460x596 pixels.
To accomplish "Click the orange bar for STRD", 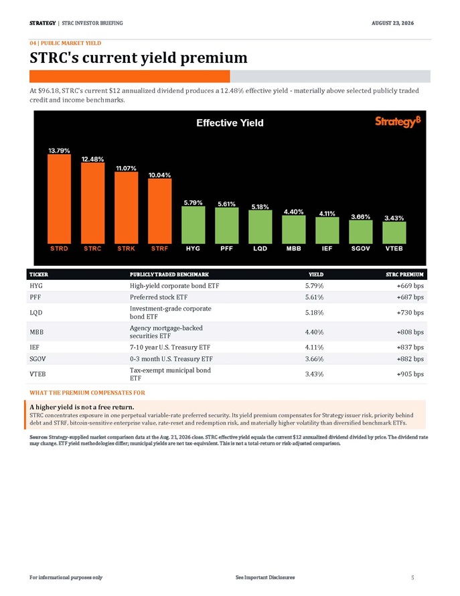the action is (x=59, y=199).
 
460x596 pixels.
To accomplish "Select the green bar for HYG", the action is (x=193, y=225).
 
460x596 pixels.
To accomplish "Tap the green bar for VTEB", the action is (x=394, y=232).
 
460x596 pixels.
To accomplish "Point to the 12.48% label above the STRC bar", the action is (x=92, y=159).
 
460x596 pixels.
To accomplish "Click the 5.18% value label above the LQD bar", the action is (x=260, y=207).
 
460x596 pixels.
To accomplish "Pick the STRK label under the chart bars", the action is (x=126, y=248).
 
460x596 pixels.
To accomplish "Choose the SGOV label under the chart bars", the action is (x=360, y=248).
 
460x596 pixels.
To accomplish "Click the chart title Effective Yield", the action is (x=230, y=123).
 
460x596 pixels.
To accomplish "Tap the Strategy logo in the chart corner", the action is (x=398, y=122).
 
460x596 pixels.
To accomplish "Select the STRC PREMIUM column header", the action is (x=404, y=275).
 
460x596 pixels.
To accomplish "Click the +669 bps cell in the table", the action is (x=410, y=286).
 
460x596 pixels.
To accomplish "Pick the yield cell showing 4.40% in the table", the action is (x=314, y=332).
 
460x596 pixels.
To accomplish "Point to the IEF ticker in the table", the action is (x=35, y=347).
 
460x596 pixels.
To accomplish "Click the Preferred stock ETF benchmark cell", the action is (x=159, y=297).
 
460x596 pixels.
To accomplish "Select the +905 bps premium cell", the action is (x=410, y=374).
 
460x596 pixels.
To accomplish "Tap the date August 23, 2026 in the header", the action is (x=393, y=23).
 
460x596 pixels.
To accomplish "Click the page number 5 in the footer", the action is (x=412, y=577).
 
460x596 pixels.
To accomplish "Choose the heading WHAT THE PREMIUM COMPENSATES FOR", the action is (x=88, y=392).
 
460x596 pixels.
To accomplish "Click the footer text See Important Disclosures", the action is (x=265, y=577).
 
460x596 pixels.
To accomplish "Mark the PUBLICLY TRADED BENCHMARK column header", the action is (x=169, y=275).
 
